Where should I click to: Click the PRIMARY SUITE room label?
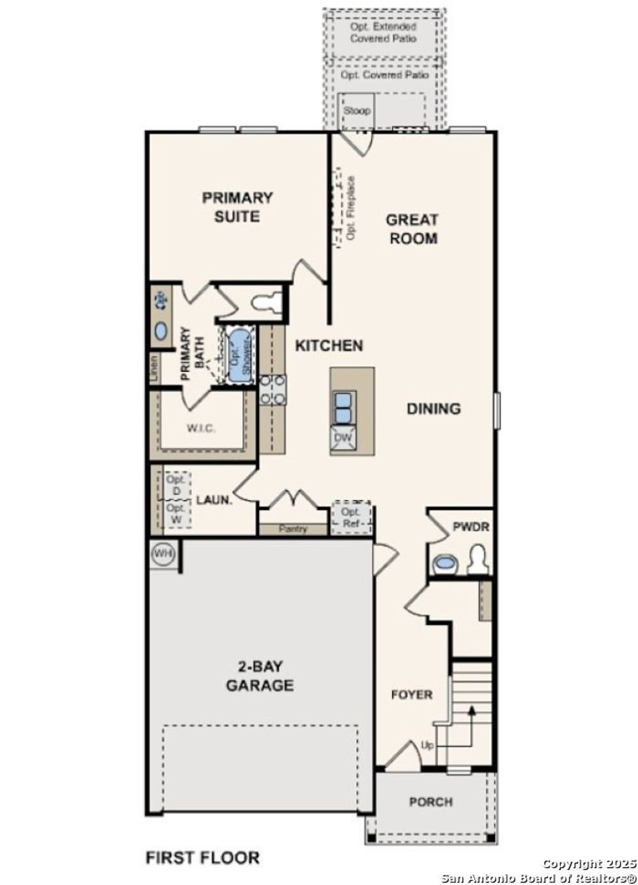point(237,207)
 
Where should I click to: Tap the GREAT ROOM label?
point(413,229)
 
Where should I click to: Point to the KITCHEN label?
point(329,346)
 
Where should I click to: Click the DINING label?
point(433,409)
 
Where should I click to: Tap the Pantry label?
point(293,529)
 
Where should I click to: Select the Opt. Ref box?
point(351,517)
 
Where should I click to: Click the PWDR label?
point(471,526)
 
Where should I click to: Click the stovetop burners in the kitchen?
point(273,390)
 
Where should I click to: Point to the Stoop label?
point(356,111)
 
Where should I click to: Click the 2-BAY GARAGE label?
point(260,676)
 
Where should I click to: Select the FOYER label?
point(411,694)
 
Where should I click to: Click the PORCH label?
point(431,802)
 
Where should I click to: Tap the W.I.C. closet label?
point(201,428)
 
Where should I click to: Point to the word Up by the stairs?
point(427,746)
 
